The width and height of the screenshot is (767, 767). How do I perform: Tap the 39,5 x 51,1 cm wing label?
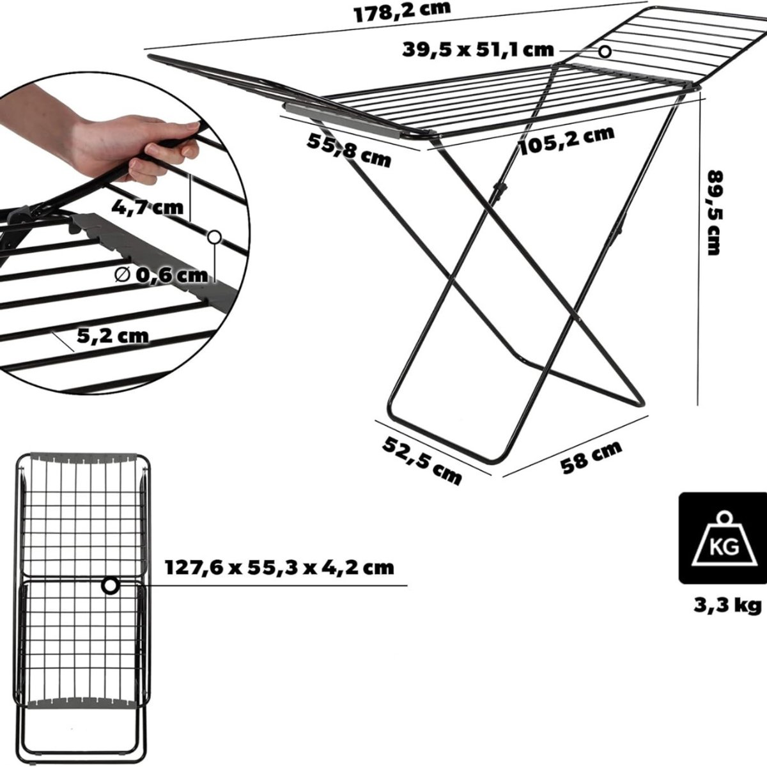click(x=477, y=50)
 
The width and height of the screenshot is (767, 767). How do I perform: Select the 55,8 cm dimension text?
click(x=349, y=151)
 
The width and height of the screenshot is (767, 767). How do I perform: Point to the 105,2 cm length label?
click(x=567, y=139)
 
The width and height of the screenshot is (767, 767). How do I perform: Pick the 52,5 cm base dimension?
click(x=422, y=460)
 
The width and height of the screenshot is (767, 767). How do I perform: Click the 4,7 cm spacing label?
click(x=147, y=207)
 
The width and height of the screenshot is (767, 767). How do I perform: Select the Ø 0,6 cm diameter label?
click(x=161, y=275)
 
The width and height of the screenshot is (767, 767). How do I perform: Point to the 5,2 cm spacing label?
click(x=112, y=336)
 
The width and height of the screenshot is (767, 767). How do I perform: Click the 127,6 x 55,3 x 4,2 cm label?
click(x=279, y=568)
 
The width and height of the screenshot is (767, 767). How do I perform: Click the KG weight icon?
click(x=722, y=538)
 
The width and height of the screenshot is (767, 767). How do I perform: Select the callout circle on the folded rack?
click(x=110, y=586)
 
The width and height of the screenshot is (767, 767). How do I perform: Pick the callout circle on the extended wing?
click(x=605, y=51)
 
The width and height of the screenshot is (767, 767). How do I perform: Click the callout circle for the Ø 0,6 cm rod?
click(x=215, y=237)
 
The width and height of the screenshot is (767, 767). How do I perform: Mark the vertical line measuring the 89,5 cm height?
click(x=699, y=251)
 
